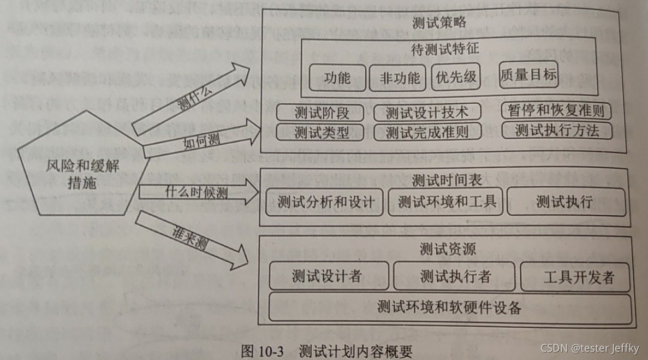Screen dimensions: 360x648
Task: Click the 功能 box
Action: click(x=337, y=78)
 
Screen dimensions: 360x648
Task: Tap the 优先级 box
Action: click(x=455, y=78)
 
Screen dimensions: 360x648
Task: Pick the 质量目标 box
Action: click(x=528, y=74)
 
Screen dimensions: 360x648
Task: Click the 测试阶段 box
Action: click(x=320, y=113)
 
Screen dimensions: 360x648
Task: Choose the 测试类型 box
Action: click(x=320, y=132)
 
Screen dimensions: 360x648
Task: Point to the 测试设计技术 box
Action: click(x=427, y=113)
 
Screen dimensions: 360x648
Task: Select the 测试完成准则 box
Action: click(x=427, y=132)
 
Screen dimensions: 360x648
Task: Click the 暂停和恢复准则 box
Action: click(x=556, y=111)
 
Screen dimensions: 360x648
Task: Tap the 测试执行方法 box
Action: click(x=556, y=130)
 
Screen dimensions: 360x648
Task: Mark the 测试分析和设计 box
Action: click(x=325, y=202)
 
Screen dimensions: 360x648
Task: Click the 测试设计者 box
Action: click(x=329, y=276)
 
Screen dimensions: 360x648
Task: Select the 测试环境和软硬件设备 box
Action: click(x=450, y=308)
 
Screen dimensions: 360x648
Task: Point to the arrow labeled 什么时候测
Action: click(x=197, y=193)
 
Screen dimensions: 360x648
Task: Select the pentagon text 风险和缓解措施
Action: click(x=82, y=174)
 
